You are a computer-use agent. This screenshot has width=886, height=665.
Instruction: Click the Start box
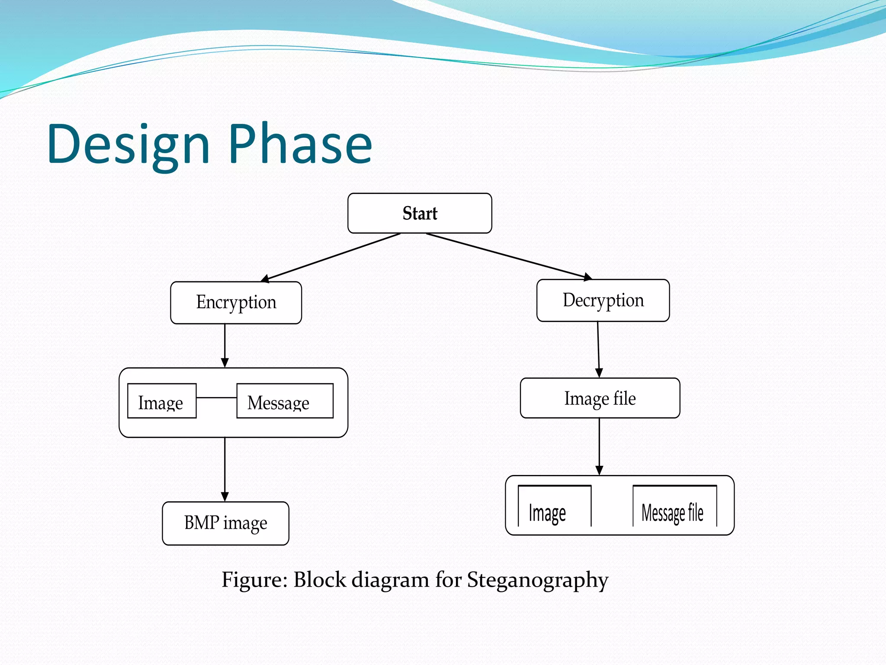[x=420, y=213]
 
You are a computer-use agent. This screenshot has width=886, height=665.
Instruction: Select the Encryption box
[x=236, y=303]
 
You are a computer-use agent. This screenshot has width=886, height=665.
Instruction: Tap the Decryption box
[x=603, y=300]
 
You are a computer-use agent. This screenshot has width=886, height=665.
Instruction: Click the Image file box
[x=600, y=398]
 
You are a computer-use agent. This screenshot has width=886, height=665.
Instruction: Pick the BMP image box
[x=225, y=523]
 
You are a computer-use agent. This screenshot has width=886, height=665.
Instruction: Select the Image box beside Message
[x=162, y=401]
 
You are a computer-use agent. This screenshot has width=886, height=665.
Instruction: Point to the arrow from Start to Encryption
[x=331, y=258]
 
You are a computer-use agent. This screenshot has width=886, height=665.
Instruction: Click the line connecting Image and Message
[x=216, y=397]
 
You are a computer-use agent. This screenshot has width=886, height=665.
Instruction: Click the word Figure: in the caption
[x=255, y=579]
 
